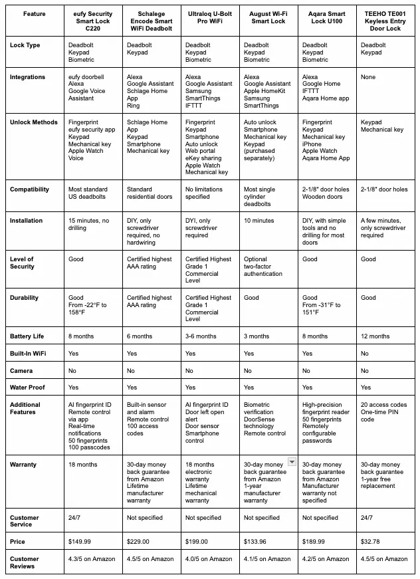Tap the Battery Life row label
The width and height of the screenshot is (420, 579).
coord(27,336)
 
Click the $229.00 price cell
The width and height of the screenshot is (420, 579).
coord(139,542)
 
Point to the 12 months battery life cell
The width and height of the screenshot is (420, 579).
coord(375,336)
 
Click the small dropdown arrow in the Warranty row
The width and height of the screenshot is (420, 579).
coord(291,462)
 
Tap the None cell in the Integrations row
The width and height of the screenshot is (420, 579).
coord(369,77)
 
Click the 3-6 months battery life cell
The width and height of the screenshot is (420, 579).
coord(201,336)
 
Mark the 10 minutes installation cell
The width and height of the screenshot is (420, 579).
coord(259,221)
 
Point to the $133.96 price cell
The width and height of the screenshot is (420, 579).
coord(257,542)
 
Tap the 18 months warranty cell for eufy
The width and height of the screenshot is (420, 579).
coord(84,465)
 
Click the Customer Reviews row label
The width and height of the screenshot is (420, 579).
coord(25,562)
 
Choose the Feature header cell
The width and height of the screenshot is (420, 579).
coord(34,13)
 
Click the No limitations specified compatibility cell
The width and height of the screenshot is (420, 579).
coord(208,193)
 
